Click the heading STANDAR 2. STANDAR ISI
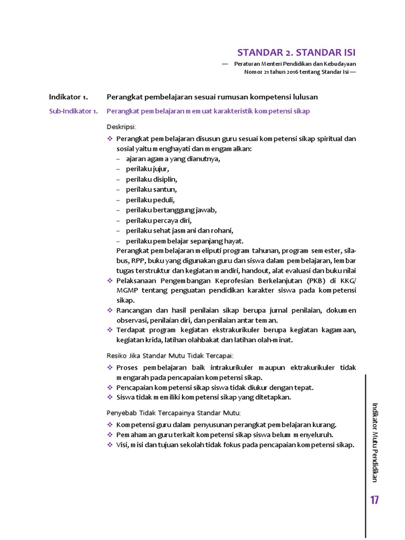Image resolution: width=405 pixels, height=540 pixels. (296, 53)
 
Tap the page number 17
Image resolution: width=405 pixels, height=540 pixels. (375, 500)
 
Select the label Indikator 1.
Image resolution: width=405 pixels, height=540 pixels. (68, 97)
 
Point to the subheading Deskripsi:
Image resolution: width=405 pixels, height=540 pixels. (121, 127)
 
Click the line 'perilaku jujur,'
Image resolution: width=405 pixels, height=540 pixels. (147, 169)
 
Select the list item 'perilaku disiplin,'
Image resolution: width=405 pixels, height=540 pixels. (151, 179)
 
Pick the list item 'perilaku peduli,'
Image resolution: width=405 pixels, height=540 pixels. (150, 199)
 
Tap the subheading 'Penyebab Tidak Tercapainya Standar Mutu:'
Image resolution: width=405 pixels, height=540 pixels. (173, 412)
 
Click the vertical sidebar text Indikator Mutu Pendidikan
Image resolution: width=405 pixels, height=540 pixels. (375, 442)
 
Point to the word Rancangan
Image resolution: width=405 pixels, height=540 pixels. (133, 311)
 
